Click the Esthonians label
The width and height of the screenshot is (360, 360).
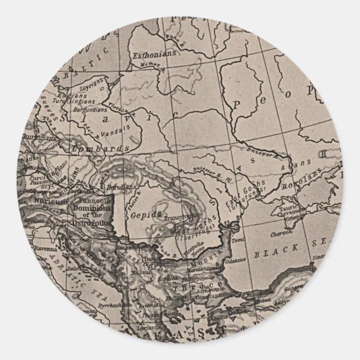[x=154, y=54]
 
